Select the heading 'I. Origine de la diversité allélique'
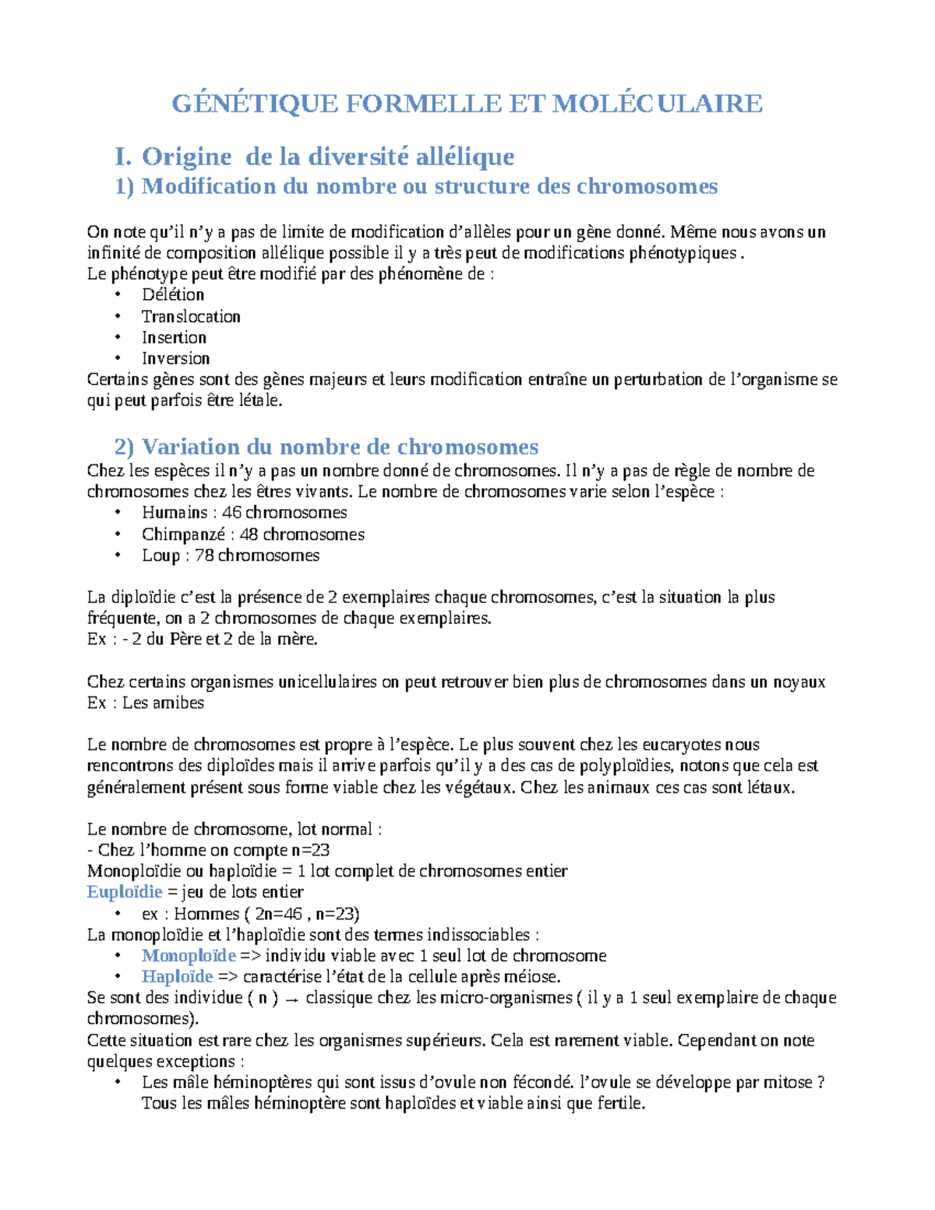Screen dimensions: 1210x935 (x=314, y=157)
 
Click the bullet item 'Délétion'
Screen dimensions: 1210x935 (x=173, y=295)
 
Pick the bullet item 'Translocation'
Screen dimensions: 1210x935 (x=191, y=316)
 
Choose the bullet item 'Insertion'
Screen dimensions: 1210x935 (x=174, y=337)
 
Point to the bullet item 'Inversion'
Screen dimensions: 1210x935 (x=175, y=358)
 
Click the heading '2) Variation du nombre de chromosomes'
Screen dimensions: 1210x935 (x=326, y=446)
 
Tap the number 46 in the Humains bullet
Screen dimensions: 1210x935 (x=231, y=513)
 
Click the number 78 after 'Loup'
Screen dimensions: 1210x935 (x=204, y=556)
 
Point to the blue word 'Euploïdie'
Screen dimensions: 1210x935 (x=125, y=892)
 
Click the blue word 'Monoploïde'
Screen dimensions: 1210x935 (x=189, y=956)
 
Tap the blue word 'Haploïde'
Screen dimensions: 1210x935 (x=177, y=977)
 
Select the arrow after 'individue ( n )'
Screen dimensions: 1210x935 (x=292, y=1000)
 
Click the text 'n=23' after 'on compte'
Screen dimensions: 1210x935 (x=310, y=850)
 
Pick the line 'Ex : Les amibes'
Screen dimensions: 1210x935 (x=146, y=703)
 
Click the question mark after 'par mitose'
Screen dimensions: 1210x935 (x=820, y=1082)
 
